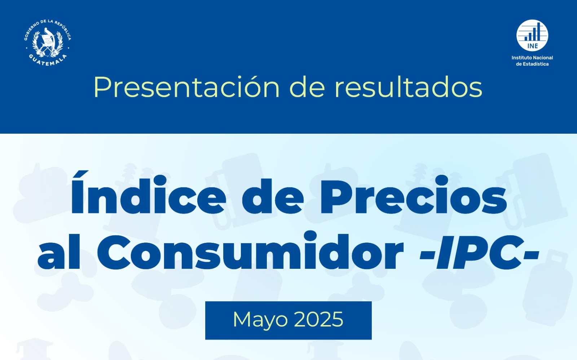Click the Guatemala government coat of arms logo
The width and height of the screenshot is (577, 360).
[x=48, y=43]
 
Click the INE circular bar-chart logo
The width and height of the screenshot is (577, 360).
[x=532, y=36]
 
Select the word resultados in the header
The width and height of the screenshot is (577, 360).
[x=408, y=87]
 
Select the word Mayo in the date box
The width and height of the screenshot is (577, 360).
[x=260, y=320]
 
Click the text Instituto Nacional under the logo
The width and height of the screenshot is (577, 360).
[x=532, y=58]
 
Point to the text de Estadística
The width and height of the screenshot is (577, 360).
[x=532, y=64]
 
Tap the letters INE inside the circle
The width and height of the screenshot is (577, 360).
[x=532, y=46]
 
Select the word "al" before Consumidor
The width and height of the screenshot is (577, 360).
[x=59, y=251]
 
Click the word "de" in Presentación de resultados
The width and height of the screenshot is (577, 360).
[x=307, y=87]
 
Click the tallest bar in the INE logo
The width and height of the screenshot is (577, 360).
[x=538, y=31]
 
